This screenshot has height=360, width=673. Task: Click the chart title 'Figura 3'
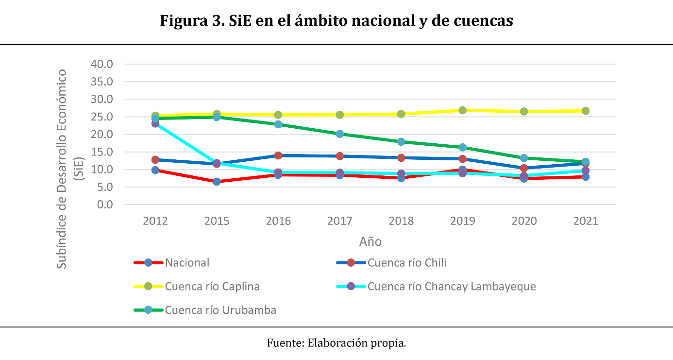[x=336, y=21]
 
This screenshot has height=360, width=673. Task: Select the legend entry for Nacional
[x=187, y=263]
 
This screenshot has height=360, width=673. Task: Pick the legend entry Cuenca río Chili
[x=406, y=263]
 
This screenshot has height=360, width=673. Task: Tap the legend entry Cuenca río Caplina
[x=212, y=286]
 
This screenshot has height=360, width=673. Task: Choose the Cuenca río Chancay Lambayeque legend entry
[x=451, y=286]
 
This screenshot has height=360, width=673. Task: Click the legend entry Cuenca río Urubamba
[x=220, y=310]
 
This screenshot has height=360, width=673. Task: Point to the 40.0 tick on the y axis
[x=102, y=64]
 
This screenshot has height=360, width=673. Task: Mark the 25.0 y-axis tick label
[x=102, y=117]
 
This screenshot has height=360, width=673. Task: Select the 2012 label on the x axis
[x=155, y=221]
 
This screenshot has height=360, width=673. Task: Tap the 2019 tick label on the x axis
[x=463, y=221]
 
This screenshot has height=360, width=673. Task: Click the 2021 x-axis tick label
[x=586, y=221]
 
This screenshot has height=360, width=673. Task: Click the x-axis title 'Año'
[x=370, y=241]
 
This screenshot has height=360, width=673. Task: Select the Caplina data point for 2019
[x=463, y=110]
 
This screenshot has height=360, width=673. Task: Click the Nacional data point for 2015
[x=217, y=182]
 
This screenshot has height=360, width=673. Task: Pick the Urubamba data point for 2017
[x=340, y=134]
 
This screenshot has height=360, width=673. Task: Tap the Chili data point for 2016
[x=278, y=155]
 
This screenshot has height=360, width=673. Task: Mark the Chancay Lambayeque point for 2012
[x=155, y=123]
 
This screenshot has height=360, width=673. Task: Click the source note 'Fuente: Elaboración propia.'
[x=336, y=343]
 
